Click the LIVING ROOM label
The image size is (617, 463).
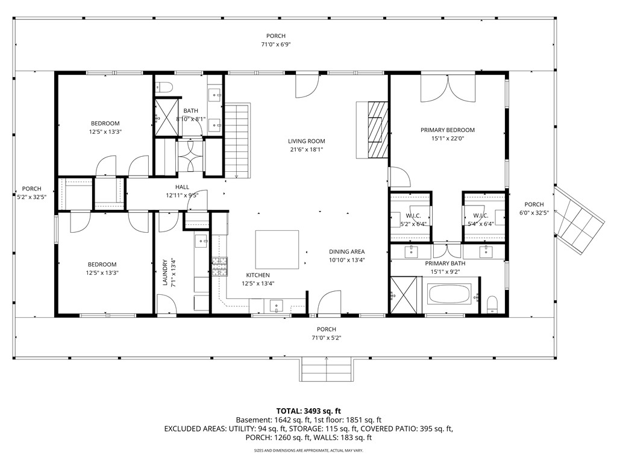pyautogui.click(x=306, y=142)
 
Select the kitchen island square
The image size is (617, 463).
pyautogui.click(x=278, y=250)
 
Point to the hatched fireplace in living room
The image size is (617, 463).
pyautogui.click(x=376, y=129)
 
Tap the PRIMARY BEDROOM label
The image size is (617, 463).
pyautogui.click(x=447, y=130)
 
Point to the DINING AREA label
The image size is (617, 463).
pyautogui.click(x=346, y=252)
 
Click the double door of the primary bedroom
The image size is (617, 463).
pyautogui.click(x=447, y=89)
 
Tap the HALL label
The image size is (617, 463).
pyautogui.click(x=182, y=187)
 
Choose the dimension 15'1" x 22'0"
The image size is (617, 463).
pyautogui.click(x=447, y=139)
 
